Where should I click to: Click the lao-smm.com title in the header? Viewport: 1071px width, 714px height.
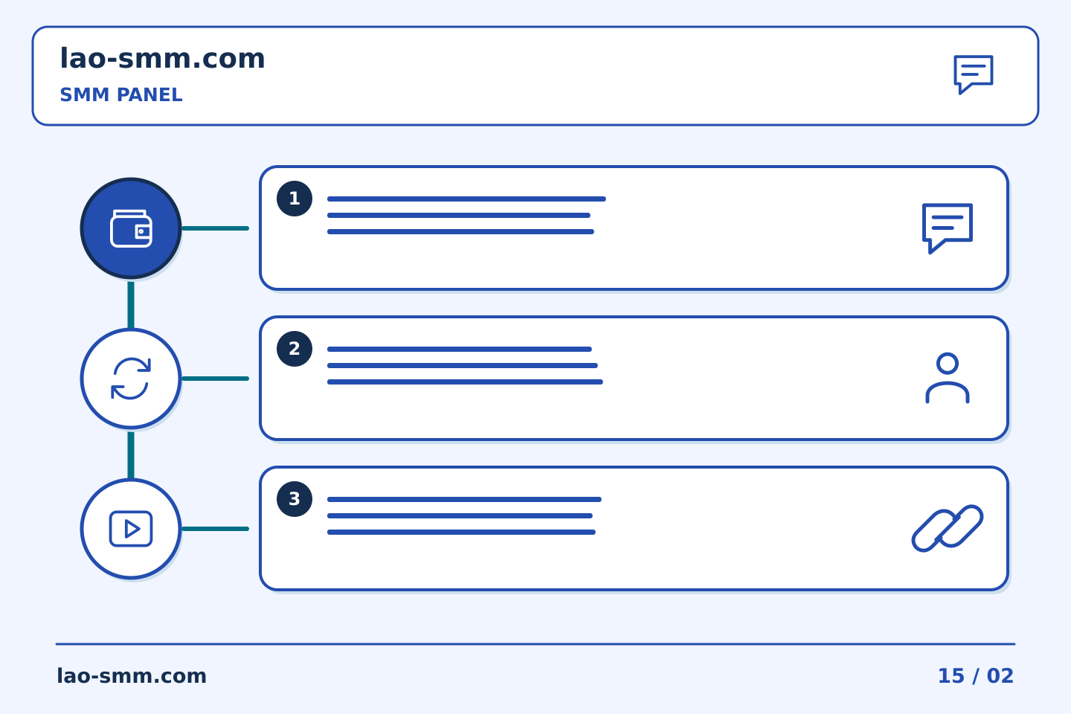click(162, 59)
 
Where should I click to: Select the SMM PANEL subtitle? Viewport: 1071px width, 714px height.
click(121, 94)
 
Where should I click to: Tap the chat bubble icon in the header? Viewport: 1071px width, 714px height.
click(974, 74)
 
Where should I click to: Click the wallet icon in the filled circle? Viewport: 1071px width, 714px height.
click(131, 228)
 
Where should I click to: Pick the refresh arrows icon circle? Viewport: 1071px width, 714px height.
click(131, 379)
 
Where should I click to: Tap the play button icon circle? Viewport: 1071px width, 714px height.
click(131, 529)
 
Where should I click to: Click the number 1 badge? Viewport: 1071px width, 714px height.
click(295, 199)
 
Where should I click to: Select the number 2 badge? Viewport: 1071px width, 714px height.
click(295, 349)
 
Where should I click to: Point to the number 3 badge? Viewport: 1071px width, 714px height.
click(295, 499)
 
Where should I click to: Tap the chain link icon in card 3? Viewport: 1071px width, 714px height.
click(948, 529)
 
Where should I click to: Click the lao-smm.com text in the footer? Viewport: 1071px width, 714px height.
click(132, 676)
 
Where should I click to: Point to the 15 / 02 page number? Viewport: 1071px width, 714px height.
click(976, 676)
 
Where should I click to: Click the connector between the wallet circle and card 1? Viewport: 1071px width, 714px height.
click(215, 228)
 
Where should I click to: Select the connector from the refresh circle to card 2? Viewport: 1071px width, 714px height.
click(215, 379)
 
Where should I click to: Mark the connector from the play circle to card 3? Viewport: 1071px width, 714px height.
click(215, 529)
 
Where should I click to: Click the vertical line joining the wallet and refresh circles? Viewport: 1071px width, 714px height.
click(131, 305)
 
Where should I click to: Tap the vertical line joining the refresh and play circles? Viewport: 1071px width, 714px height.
click(131, 455)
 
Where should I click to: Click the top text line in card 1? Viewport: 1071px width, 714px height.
click(466, 199)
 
